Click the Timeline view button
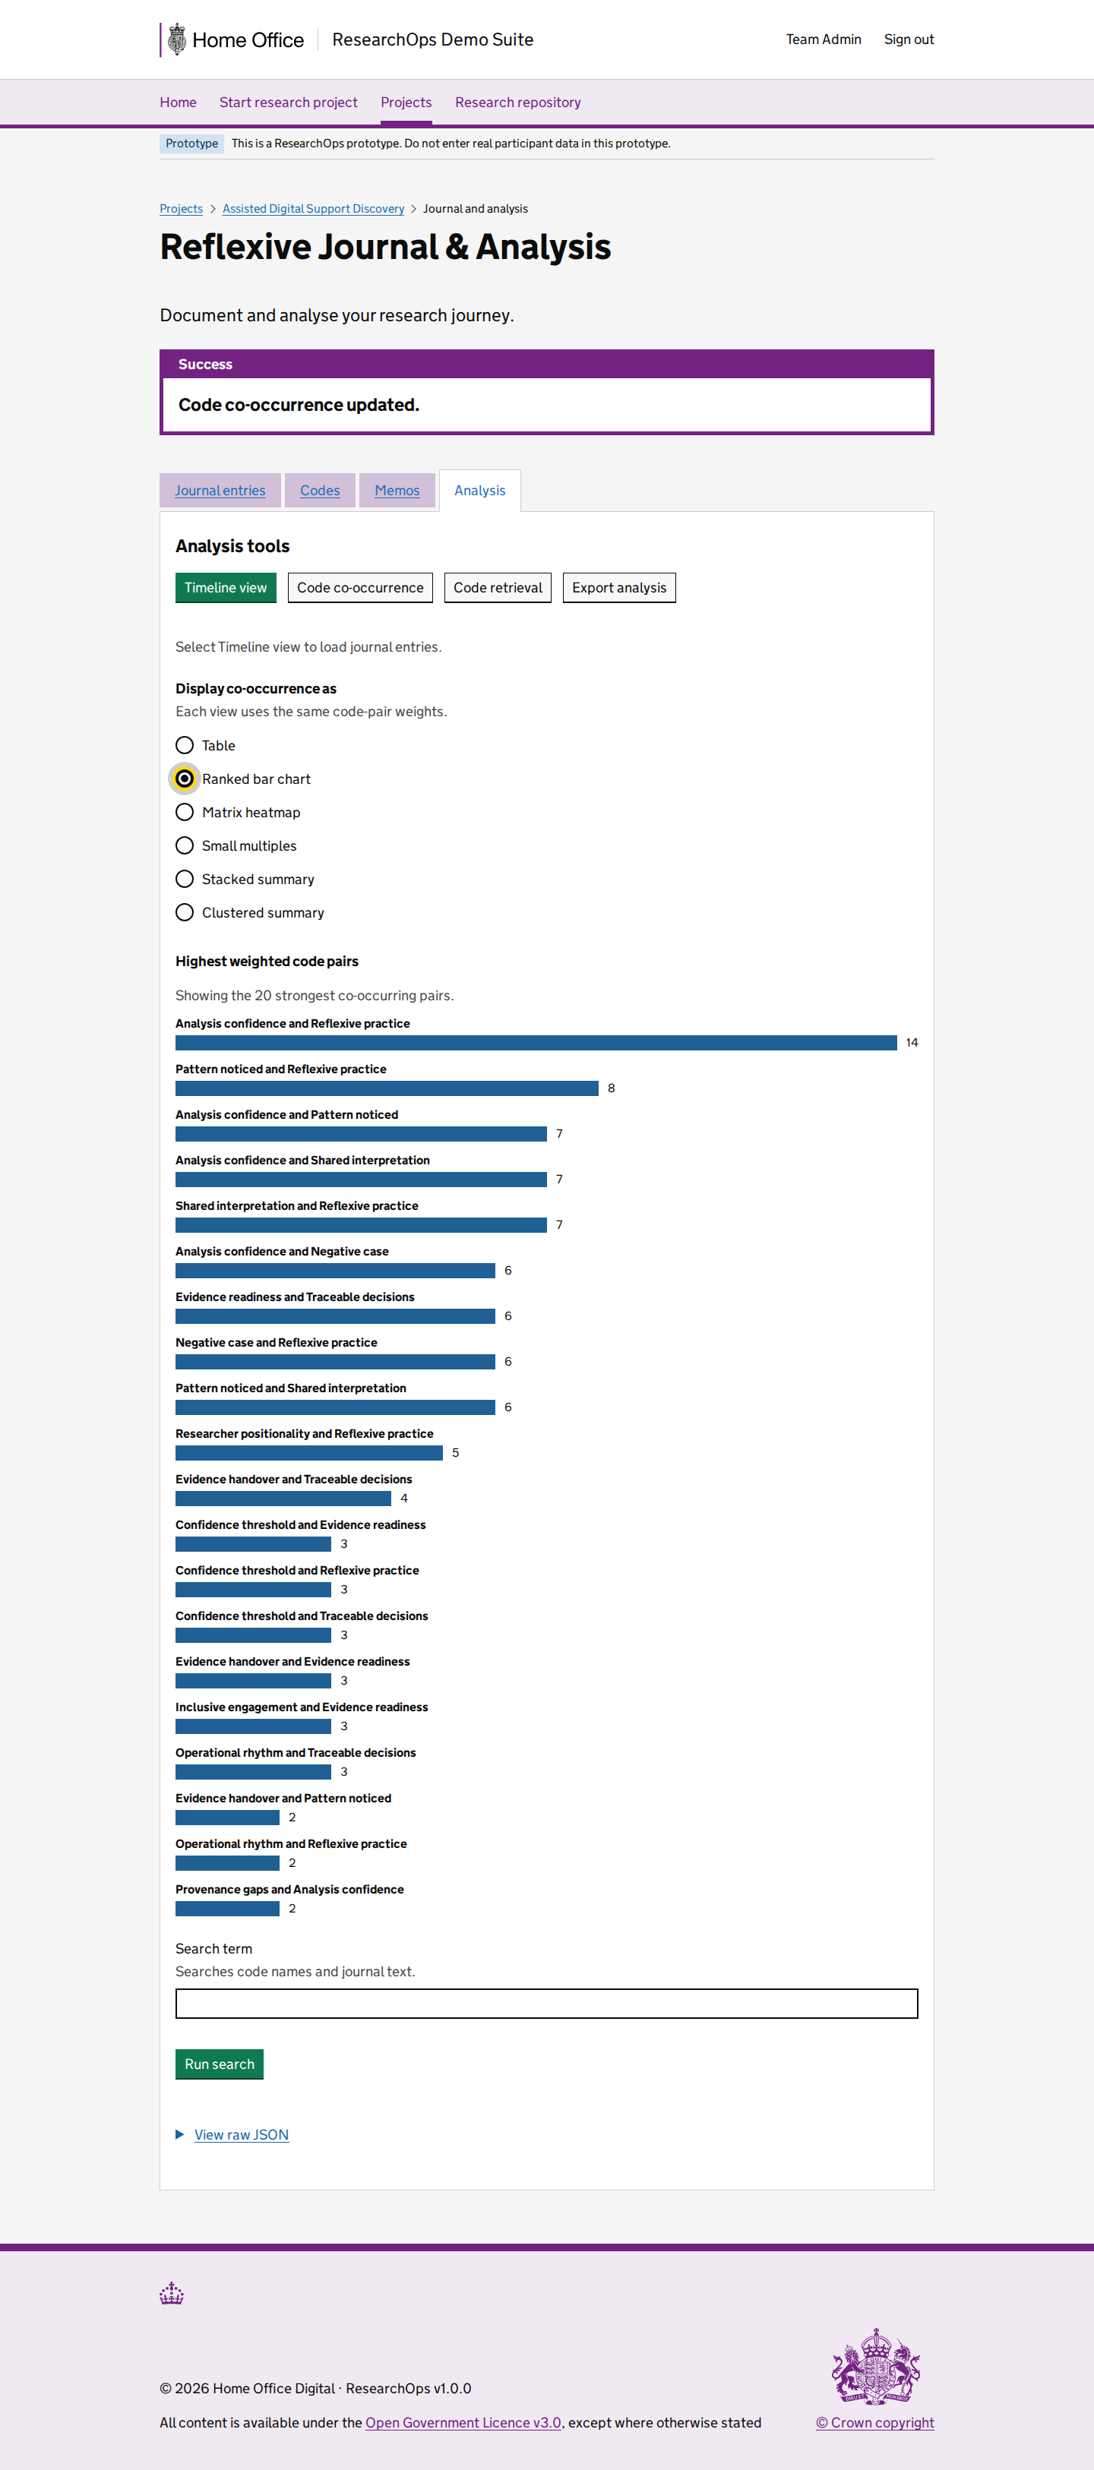[226, 588]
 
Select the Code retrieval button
[498, 588]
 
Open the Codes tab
[321, 491]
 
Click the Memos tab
[397, 491]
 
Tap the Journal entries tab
[220, 491]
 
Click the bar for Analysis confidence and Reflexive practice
[536, 1042]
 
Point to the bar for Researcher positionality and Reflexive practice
[308, 1453]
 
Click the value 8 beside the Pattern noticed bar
[611, 1088]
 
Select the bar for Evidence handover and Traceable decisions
[283, 1499]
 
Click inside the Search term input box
[546, 2003]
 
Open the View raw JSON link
[242, 2134]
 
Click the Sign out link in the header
[908, 39]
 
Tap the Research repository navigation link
[518, 103]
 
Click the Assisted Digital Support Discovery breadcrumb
[314, 209]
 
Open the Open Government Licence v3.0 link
[463, 2422]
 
